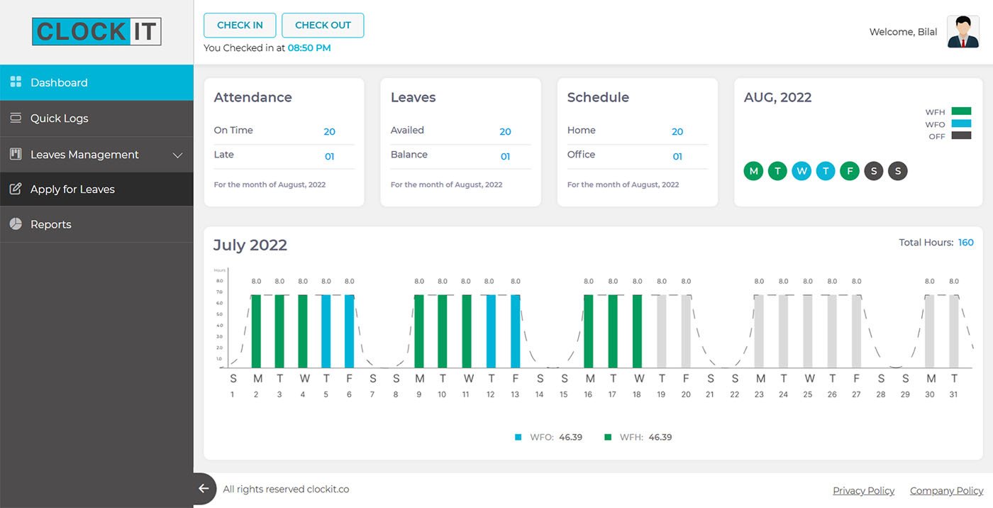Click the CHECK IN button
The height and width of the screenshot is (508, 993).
tap(240, 25)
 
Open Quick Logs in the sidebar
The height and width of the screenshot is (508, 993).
tap(60, 118)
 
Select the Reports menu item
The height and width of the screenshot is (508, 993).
tap(51, 224)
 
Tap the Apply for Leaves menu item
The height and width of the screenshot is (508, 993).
tap(72, 189)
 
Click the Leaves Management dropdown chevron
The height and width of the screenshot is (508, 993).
tap(177, 155)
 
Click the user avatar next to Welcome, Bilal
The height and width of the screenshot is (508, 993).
tap(963, 32)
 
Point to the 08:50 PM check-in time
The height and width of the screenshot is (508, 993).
tap(309, 48)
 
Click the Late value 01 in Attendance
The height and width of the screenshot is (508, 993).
tap(329, 156)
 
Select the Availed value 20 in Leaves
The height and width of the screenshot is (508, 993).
tap(505, 131)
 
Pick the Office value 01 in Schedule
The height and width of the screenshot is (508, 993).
tap(677, 156)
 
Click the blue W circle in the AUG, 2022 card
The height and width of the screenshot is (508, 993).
tap(801, 171)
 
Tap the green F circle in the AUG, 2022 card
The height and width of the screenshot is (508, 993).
tap(850, 171)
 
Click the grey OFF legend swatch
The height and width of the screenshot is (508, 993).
tap(961, 136)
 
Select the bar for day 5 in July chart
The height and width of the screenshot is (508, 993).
tap(326, 331)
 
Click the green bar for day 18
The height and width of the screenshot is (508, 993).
tap(637, 331)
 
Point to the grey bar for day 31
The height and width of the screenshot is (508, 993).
tap(954, 331)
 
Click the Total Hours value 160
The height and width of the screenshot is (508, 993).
tap(965, 243)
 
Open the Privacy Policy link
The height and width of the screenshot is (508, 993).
tap(863, 490)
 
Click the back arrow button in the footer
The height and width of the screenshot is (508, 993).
tap(204, 489)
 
